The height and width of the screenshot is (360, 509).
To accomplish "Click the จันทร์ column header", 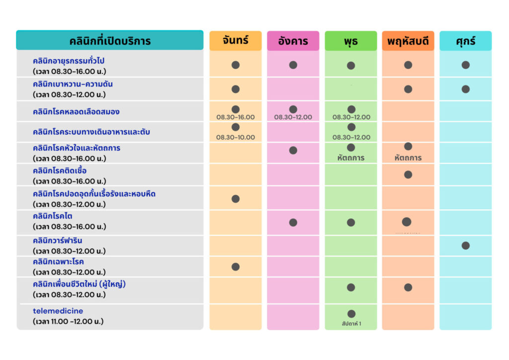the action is (235, 41).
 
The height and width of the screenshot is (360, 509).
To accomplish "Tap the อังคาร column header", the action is (293, 41).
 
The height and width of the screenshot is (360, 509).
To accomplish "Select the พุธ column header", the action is (350, 41).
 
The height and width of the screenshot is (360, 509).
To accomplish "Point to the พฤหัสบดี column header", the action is (408, 41).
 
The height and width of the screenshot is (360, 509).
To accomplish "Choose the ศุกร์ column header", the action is (465, 41).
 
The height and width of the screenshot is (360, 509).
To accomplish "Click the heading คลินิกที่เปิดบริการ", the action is (110, 41).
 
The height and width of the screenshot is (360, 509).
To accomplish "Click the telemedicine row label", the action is (58, 311).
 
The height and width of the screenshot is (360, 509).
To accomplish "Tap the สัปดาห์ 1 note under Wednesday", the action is (351, 323).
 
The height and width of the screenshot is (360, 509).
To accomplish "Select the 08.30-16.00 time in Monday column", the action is (235, 117).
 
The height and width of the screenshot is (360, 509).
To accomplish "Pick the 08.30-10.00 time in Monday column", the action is (235, 137).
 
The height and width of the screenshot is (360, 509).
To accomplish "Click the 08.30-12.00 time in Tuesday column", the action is (293, 117).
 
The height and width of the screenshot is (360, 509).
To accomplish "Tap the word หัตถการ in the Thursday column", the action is (408, 158).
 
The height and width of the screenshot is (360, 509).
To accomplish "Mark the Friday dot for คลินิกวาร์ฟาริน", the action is (465, 246).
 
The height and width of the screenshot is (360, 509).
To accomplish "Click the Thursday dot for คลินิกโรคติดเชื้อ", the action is (408, 175).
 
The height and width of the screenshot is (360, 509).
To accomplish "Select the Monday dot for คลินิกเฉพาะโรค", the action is (235, 267).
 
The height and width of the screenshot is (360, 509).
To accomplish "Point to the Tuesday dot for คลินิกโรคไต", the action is (293, 222).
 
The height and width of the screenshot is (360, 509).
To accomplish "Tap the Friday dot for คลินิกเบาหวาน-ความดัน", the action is (465, 89).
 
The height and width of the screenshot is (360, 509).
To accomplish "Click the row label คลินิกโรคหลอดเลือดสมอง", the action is (76, 112).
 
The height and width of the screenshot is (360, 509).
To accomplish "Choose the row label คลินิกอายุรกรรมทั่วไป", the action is (69, 61).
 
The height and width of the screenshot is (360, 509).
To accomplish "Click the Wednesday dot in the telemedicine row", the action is (351, 314).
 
